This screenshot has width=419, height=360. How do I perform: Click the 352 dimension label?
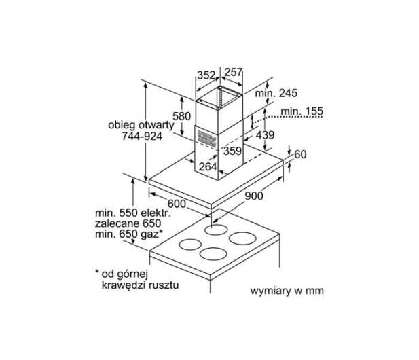coord(206,75)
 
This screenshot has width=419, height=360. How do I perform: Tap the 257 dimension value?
coord(234,72)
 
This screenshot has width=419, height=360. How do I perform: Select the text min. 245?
coord(276,93)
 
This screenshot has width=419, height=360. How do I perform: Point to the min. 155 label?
coord(302,111)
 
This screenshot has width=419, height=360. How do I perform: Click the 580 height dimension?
coord(181,116)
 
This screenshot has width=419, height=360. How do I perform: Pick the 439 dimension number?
coord(265,135)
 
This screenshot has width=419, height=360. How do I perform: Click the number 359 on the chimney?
coord(232,151)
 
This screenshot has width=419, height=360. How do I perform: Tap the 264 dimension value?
coord(208,167)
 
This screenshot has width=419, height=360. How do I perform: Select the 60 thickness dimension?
coord(300,154)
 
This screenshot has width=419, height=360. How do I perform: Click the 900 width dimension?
coord(254,196)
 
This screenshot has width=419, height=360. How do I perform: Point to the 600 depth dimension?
coord(177,204)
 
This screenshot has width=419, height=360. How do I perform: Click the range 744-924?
coord(142,137)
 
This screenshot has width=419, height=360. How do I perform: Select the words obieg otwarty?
coord(141,125)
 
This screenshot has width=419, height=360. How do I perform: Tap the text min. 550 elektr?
coord(133,213)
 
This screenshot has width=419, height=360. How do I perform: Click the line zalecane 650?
coord(128,223)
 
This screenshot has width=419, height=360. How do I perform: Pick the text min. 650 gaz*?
coord(128,234)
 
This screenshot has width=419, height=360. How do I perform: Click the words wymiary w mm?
coord(287,291)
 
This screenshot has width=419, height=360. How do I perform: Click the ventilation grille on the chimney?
coord(207,138)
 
